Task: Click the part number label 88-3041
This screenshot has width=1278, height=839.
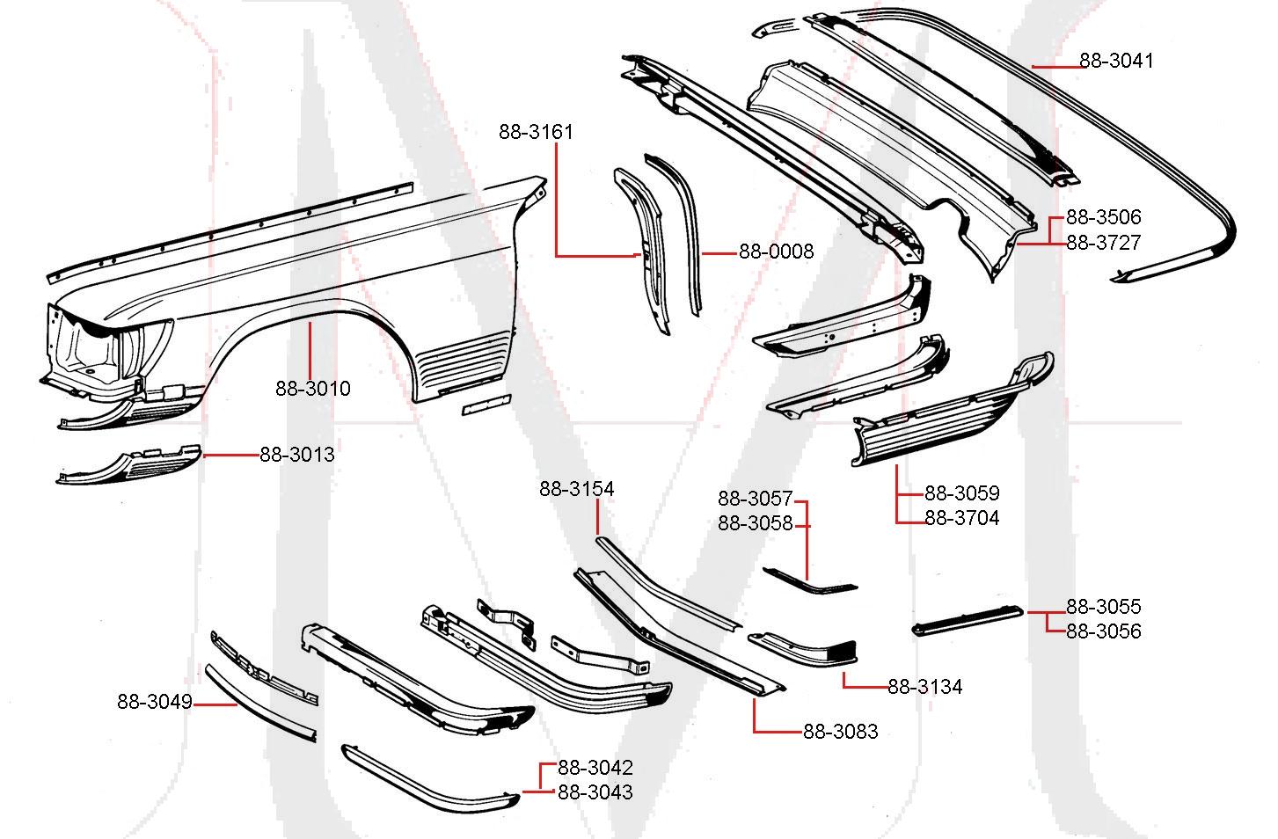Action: click(x=1116, y=61)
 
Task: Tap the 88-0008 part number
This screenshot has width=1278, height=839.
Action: click(x=776, y=252)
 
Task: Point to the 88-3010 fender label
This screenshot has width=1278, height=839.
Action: click(x=312, y=388)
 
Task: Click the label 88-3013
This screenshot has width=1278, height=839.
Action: click(x=296, y=455)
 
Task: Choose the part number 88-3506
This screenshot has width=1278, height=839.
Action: click(x=1103, y=217)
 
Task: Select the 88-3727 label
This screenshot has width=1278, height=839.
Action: click(x=1103, y=243)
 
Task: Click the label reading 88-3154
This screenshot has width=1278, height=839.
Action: click(x=576, y=489)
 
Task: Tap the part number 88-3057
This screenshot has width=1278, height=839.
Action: click(x=755, y=499)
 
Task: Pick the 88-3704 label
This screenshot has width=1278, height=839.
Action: click(x=961, y=518)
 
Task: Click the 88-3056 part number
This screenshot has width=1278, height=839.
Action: click(x=1103, y=631)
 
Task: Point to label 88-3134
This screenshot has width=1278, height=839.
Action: click(x=924, y=686)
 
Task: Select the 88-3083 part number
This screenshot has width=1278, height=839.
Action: click(x=840, y=731)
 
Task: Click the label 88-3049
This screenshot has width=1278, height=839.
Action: click(x=154, y=702)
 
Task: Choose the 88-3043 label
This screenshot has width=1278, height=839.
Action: click(x=595, y=792)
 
